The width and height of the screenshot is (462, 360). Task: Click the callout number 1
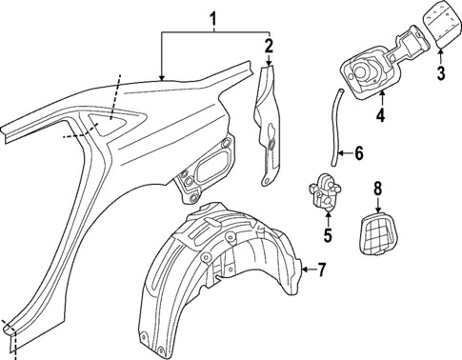tap(214, 17)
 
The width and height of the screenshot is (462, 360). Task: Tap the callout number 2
tap(269, 46)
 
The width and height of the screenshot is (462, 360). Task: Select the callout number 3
tap(441, 72)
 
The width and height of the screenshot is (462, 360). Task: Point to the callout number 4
tap(381, 117)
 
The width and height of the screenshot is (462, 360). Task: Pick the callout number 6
tap(359, 152)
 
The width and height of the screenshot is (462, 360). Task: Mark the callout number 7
tap(321, 270)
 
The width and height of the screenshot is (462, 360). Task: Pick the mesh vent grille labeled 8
tap(379, 235)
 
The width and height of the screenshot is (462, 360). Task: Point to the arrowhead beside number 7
tap(302, 270)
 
